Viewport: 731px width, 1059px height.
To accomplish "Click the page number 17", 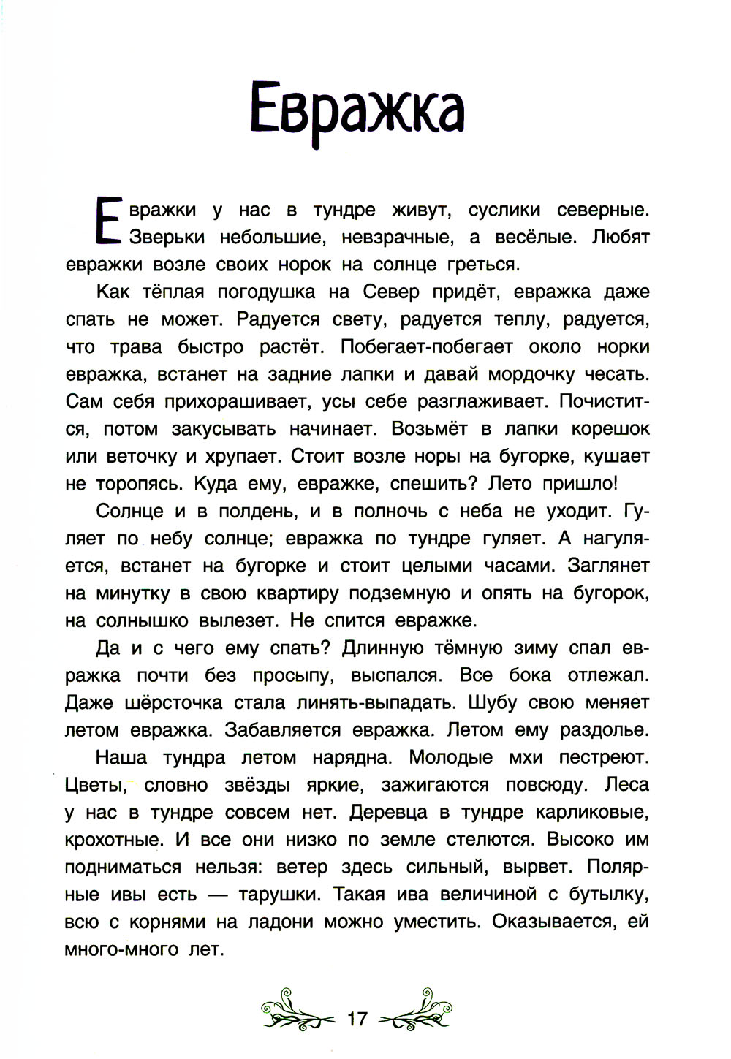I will [x=358, y=1018].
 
